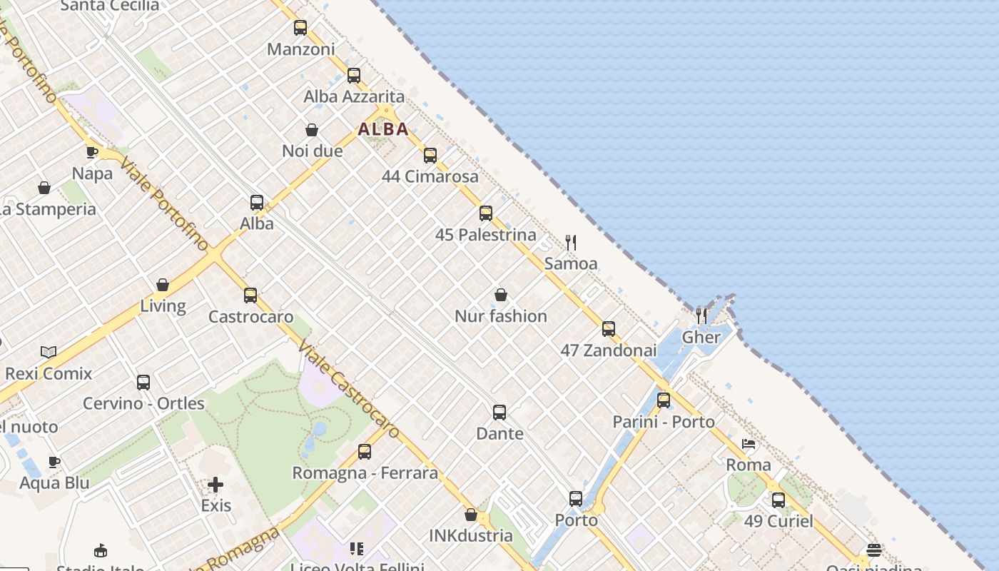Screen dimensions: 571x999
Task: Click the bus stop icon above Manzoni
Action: pos(300,28)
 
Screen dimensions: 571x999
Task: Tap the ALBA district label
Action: pos(383,129)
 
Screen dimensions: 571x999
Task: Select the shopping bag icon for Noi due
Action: pos(312,130)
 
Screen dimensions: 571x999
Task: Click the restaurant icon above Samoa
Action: pos(571,243)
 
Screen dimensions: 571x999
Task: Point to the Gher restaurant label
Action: pos(701,337)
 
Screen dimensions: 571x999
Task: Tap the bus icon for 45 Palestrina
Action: pos(486,213)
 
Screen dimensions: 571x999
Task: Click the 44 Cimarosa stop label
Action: pos(430,176)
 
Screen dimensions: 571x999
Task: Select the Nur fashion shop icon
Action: pos(501,295)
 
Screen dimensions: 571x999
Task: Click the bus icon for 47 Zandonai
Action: pos(609,329)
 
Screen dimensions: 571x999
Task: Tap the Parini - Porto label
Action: pos(664,422)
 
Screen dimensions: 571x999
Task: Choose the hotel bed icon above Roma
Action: pos(749,444)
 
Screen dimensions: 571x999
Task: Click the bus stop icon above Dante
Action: pos(499,413)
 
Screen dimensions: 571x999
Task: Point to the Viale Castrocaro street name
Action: pos(348,389)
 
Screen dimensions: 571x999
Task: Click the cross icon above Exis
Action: pos(215,485)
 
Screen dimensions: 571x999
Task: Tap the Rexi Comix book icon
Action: pos(49,352)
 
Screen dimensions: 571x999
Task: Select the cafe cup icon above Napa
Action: pos(92,152)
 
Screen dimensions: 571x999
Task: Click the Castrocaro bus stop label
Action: pos(250,316)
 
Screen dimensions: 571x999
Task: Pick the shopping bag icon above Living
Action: pos(163,285)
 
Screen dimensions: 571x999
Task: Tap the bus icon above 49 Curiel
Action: pos(779,500)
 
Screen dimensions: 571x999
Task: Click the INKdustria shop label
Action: pos(471,535)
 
